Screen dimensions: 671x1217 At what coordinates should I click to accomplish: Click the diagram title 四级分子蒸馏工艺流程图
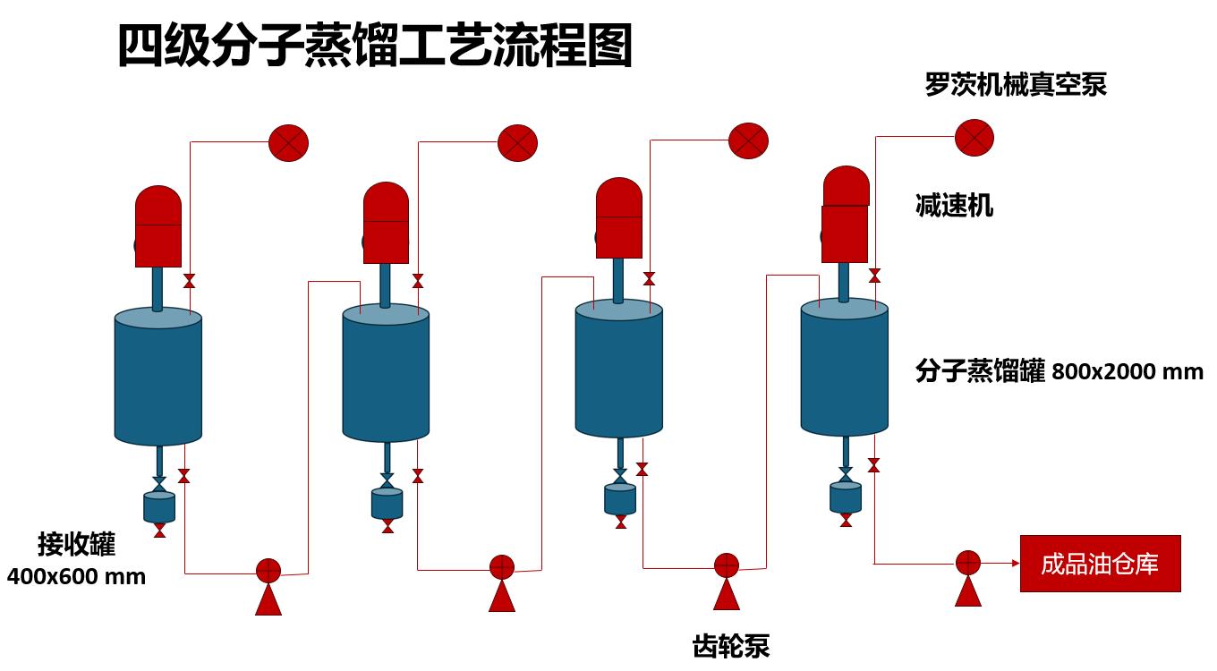pos(375,46)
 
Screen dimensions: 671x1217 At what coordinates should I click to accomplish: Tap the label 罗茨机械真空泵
pos(1016,85)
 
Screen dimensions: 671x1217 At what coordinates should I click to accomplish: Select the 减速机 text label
pos(954,206)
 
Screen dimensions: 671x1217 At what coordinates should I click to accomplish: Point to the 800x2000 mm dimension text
pos(1128,371)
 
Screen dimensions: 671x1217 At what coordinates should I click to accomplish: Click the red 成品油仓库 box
pos(1100,564)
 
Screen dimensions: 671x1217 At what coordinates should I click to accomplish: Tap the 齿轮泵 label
pos(731,645)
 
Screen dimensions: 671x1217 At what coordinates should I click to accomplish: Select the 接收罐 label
pos(76,544)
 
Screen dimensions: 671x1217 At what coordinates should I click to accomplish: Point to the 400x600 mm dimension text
pos(76,576)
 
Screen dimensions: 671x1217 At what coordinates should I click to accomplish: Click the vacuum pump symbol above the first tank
pos(288,142)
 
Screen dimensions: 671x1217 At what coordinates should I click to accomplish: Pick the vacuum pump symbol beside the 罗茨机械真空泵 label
pos(974,137)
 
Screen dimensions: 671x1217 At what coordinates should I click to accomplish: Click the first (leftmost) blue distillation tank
pos(157,376)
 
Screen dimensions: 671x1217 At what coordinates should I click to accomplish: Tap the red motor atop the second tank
pos(386,224)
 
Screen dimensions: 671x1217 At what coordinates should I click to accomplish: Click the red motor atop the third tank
pos(619,218)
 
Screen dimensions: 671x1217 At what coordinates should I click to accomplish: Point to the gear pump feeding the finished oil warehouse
pos(968,563)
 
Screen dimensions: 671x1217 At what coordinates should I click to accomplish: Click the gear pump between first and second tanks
pos(268,571)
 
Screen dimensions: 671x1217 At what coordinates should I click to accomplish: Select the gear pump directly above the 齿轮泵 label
pos(726,565)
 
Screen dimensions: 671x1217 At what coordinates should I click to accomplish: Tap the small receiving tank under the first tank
pos(159,506)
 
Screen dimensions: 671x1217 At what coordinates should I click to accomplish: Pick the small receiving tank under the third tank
pos(620,498)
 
